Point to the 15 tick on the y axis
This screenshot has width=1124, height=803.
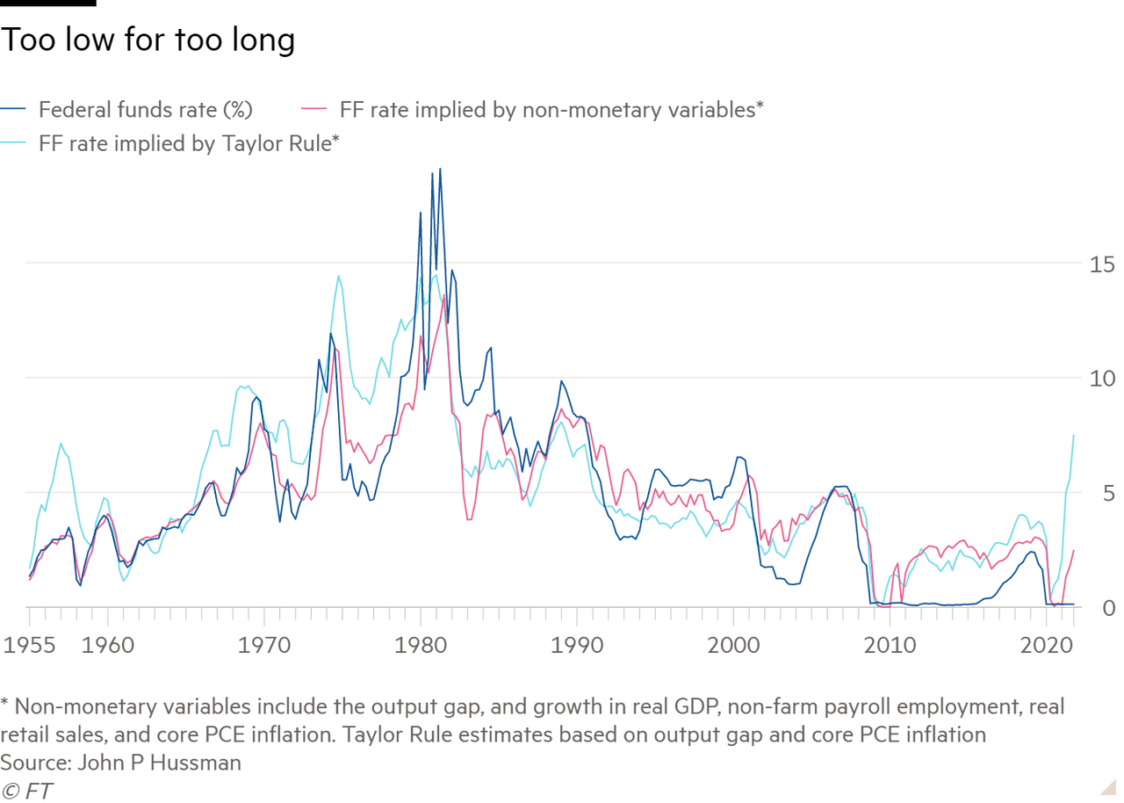(1101, 264)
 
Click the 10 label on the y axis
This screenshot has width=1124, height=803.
(1101, 379)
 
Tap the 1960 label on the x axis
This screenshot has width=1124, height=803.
(107, 646)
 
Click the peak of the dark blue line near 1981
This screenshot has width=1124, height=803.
(440, 169)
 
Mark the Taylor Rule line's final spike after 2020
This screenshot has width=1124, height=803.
(1074, 433)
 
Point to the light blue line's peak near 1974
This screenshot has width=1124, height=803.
(338, 275)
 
